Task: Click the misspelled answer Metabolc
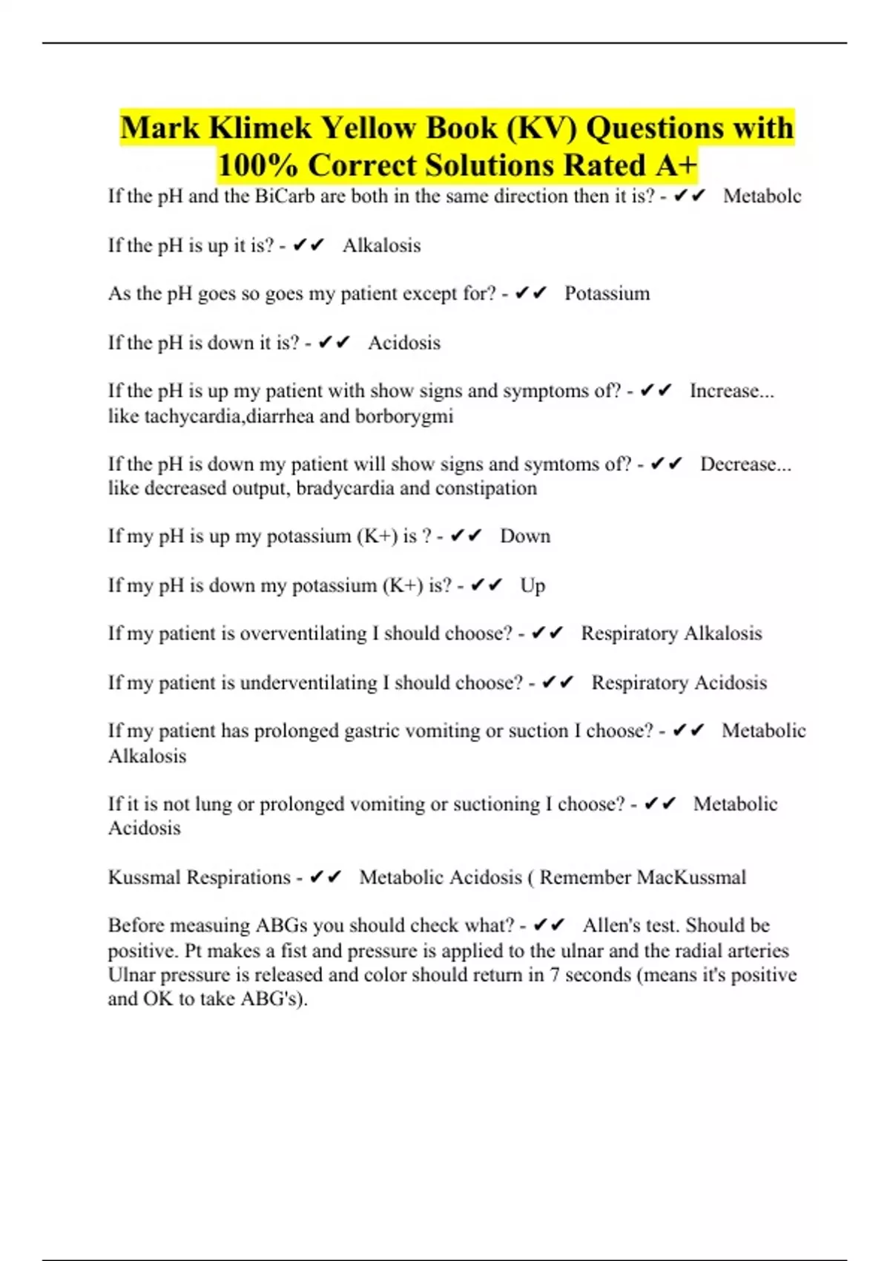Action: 762,197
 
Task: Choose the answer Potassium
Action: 607,294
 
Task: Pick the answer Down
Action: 525,536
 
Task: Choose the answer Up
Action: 533,586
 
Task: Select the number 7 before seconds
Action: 555,975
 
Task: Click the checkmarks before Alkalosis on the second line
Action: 309,246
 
